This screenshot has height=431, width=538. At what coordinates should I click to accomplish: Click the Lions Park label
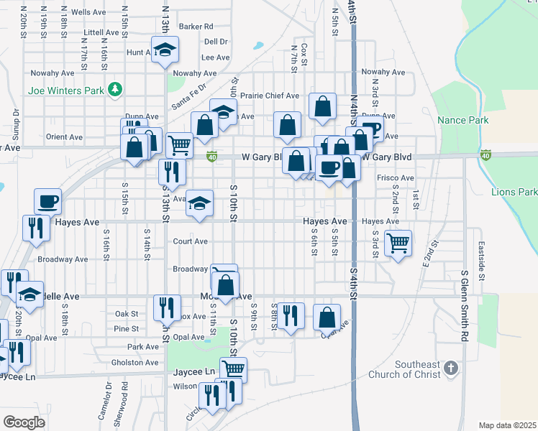point(514,192)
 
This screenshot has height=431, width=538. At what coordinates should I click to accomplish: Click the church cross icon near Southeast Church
point(450,369)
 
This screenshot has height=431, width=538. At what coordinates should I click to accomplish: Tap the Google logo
point(24,422)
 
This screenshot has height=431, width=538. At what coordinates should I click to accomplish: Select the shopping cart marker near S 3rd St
point(398,243)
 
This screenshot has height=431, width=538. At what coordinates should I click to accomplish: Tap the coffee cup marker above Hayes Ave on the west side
point(48,201)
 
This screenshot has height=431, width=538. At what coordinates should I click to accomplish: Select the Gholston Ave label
point(136,363)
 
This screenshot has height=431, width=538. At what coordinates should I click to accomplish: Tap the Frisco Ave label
point(395,177)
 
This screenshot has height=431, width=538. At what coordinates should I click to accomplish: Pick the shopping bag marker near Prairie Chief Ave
point(323,106)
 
